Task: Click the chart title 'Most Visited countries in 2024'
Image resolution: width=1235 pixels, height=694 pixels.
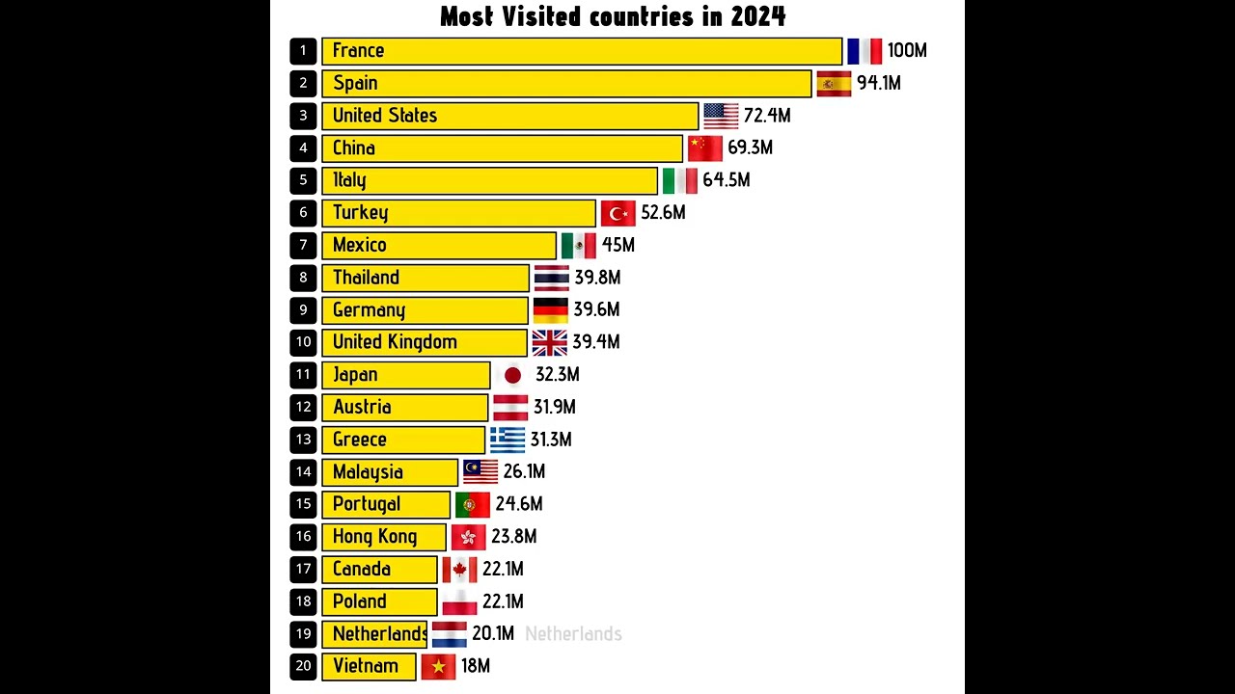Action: (x=613, y=16)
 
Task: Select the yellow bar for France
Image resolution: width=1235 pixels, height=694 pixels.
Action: (x=582, y=51)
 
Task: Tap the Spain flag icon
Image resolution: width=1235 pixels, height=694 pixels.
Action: (x=834, y=84)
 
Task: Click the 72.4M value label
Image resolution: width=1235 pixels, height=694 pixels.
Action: (x=767, y=116)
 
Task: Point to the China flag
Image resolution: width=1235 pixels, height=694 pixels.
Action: (x=704, y=148)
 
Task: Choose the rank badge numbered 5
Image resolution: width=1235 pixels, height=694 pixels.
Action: (x=303, y=180)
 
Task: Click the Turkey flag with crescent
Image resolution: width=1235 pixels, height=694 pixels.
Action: (x=617, y=213)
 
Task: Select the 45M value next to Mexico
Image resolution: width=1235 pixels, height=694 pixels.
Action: (x=618, y=246)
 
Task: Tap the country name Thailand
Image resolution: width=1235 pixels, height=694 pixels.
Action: (x=366, y=278)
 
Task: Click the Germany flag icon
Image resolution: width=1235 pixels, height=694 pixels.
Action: (x=550, y=310)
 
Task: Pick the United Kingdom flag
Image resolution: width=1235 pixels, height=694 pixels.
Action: (x=549, y=342)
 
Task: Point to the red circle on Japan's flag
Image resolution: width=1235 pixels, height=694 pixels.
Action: (x=512, y=375)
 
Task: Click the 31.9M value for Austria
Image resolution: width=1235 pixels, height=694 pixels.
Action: (x=555, y=408)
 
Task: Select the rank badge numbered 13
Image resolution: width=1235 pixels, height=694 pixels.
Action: (x=303, y=440)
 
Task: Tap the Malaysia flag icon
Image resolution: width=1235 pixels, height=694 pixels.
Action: (x=480, y=472)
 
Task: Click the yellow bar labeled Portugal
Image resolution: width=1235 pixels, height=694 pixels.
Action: (x=386, y=504)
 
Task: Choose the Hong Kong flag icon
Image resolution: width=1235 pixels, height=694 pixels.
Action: (x=468, y=537)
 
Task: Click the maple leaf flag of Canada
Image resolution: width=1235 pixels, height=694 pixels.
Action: (x=459, y=570)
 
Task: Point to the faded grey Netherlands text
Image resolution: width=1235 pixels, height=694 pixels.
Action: (x=573, y=634)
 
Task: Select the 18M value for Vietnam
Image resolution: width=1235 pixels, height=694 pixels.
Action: (x=476, y=666)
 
